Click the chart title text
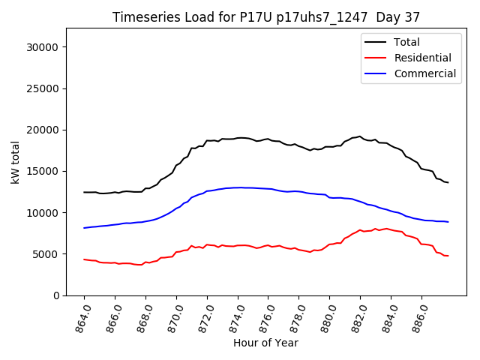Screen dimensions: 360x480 (266, 17)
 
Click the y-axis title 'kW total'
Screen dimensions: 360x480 (16, 162)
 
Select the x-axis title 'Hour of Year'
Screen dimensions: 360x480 (265, 343)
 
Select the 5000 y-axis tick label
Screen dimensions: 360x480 (47, 254)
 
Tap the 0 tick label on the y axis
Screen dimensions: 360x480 (56, 295)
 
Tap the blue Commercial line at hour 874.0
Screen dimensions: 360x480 (238, 187)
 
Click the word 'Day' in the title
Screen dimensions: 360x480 (385, 17)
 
